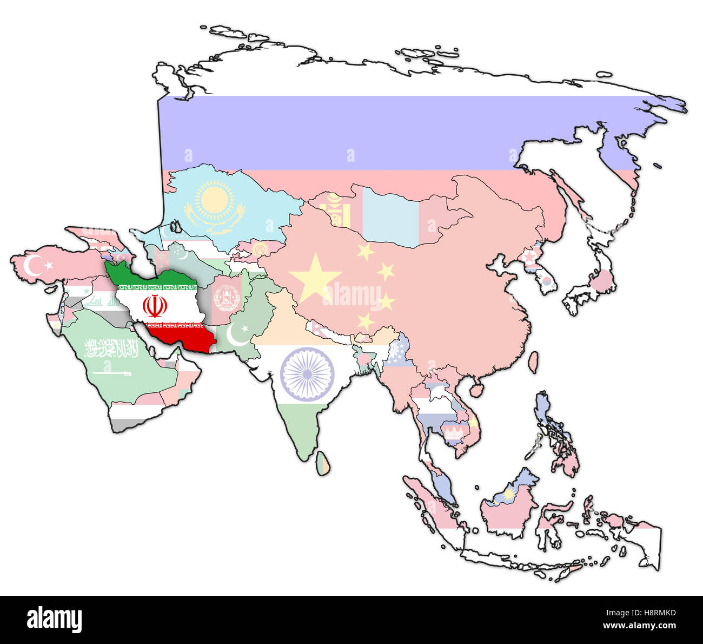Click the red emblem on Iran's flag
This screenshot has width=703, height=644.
[154, 306]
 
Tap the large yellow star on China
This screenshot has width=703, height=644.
[315, 278]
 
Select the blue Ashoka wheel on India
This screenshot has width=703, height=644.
[307, 373]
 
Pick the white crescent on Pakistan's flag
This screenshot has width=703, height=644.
[236, 335]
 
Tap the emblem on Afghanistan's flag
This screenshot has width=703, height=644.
[226, 298]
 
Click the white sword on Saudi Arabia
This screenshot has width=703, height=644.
[111, 373]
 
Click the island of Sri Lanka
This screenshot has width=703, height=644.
[323, 464]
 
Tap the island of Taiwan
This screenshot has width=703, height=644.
[533, 363]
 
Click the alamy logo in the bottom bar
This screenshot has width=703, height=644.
[54, 620]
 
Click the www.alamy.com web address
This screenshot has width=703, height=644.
[640, 626]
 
